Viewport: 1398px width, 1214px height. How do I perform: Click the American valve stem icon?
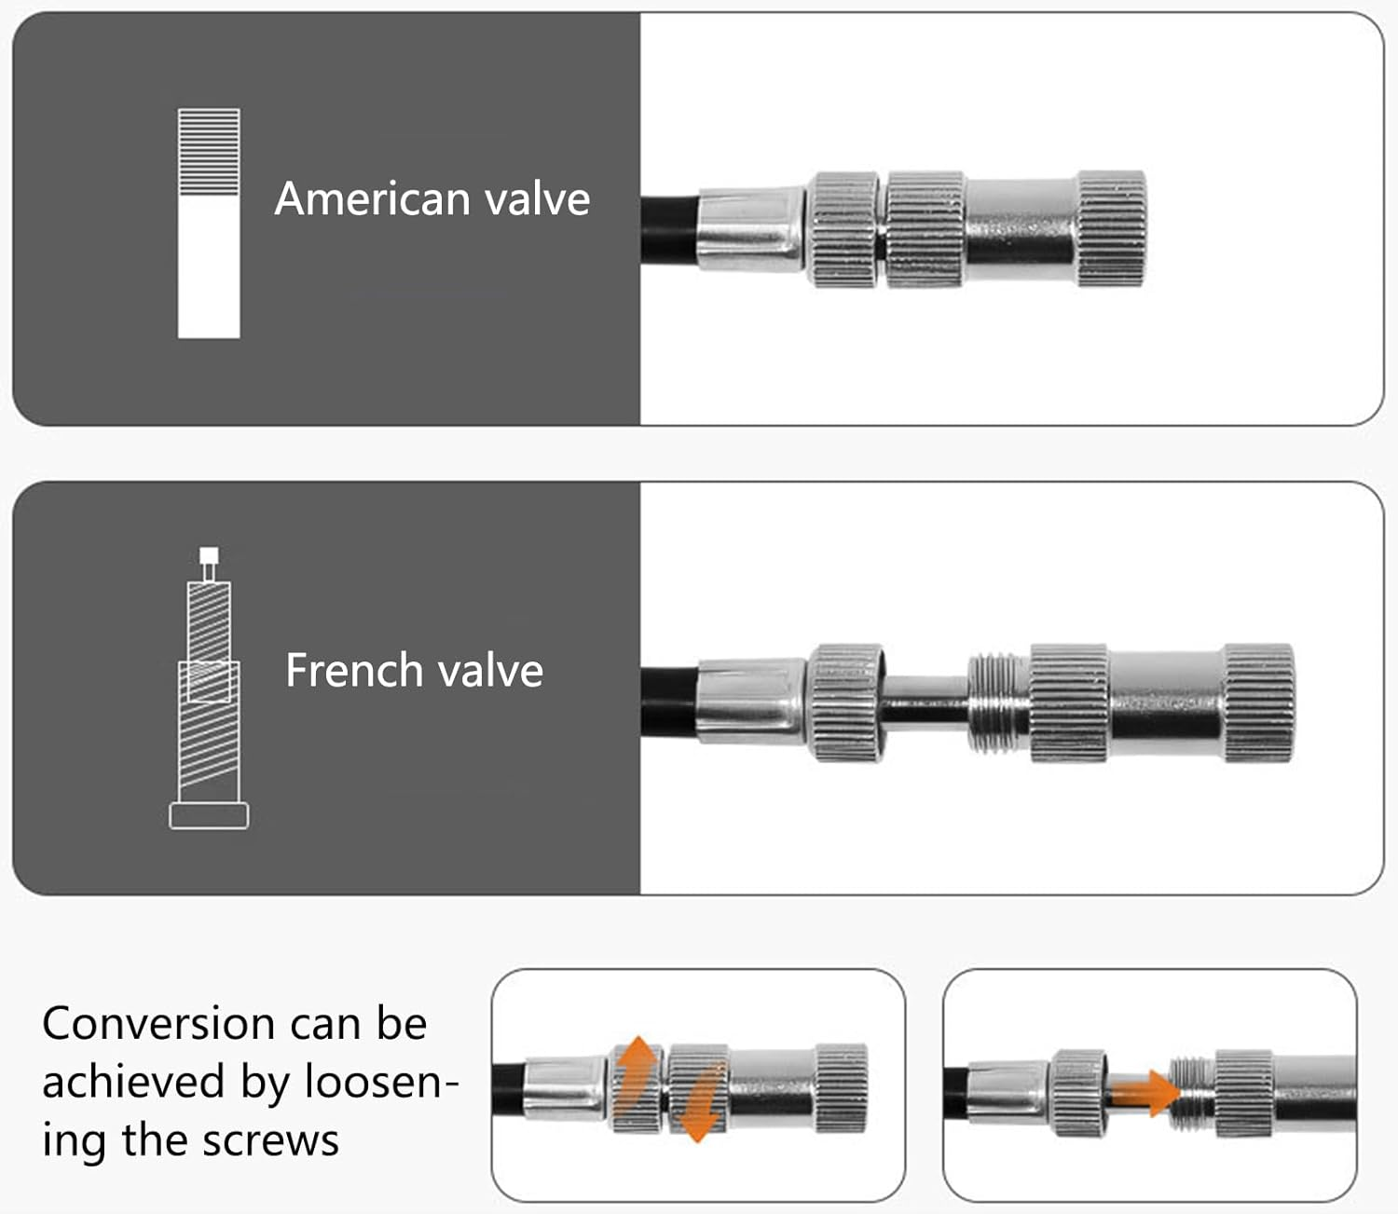pyautogui.click(x=209, y=224)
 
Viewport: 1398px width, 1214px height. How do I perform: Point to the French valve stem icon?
pyautogui.click(x=209, y=689)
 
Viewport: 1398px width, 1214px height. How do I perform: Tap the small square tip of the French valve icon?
pyautogui.click(x=210, y=556)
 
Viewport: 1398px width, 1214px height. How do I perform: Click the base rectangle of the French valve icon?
pyautogui.click(x=209, y=816)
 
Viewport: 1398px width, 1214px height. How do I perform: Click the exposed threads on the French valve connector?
pyautogui.click(x=997, y=703)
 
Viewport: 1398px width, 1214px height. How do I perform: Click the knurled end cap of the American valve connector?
pyautogui.click(x=1112, y=228)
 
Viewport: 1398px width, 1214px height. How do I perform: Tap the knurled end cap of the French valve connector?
pyautogui.click(x=1258, y=703)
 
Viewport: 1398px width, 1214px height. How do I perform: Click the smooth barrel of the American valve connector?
pyautogui.click(x=1021, y=228)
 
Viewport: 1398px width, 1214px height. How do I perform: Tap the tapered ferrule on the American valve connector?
pyautogui.click(x=751, y=228)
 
